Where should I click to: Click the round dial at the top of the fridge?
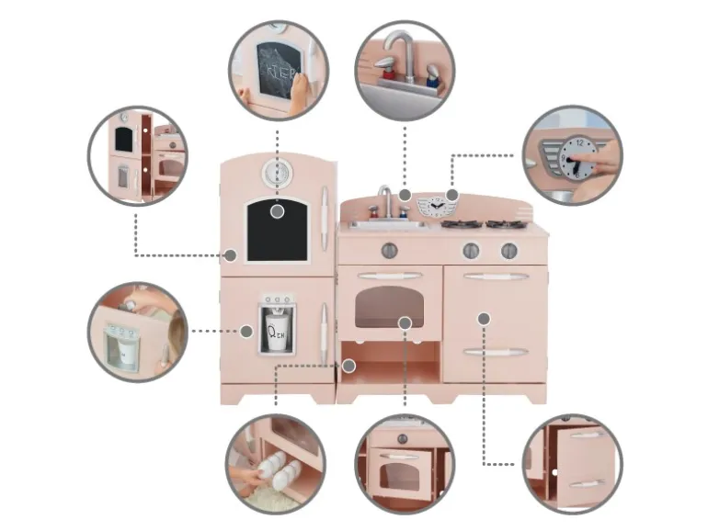[x=274, y=172]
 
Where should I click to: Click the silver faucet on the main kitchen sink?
[x=387, y=199]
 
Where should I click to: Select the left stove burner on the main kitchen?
[x=457, y=223]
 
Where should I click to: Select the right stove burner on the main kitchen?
[x=504, y=223]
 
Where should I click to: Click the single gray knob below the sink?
[x=389, y=249]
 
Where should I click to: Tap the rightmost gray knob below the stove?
[x=509, y=250]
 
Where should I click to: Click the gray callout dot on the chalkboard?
[x=277, y=210]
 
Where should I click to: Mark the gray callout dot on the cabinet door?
[x=485, y=318]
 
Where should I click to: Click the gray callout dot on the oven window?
[x=405, y=322]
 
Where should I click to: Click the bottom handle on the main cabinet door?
[x=496, y=352]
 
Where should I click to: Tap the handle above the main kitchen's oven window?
[x=390, y=276]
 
